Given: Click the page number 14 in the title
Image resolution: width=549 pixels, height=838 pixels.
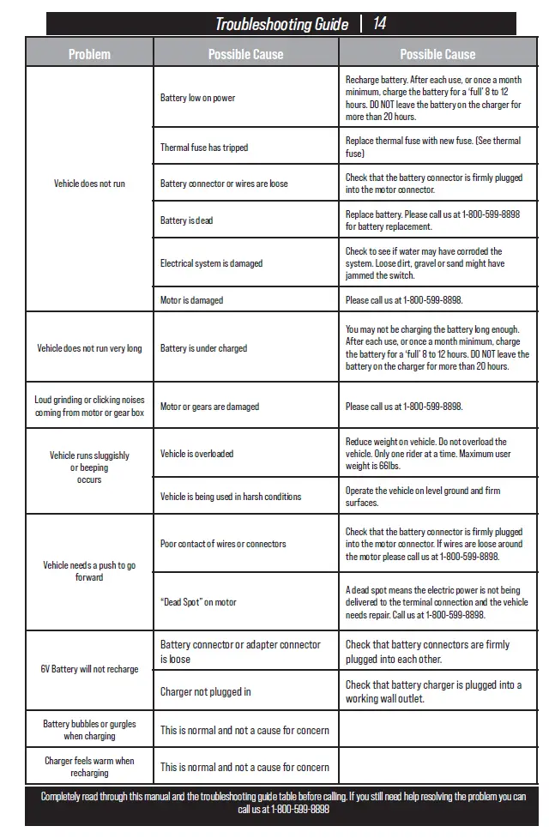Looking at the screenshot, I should pyautogui.click(x=379, y=24).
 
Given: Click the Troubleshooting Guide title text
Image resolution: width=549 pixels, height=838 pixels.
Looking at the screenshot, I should pyautogui.click(x=281, y=24).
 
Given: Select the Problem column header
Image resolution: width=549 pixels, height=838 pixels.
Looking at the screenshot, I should pyautogui.click(x=89, y=54).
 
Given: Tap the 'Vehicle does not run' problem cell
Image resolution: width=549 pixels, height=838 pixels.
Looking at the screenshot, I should pyautogui.click(x=89, y=184).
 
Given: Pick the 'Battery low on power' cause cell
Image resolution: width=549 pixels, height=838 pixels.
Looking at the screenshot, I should pyautogui.click(x=197, y=98).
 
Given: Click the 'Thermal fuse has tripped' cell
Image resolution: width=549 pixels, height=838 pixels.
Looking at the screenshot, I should pyautogui.click(x=204, y=148).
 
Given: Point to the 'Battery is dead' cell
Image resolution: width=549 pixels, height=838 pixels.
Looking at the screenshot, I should pyautogui.click(x=186, y=220).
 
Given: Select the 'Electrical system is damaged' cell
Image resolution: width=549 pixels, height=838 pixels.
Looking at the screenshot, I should pyautogui.click(x=211, y=263).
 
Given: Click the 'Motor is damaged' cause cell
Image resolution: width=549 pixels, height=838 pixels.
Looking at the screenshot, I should pyautogui.click(x=191, y=300).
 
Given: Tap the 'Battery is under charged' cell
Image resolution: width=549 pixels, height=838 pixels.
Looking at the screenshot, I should pyautogui.click(x=203, y=348).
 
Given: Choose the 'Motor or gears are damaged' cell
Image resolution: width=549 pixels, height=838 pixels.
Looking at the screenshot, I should pyautogui.click(x=209, y=407).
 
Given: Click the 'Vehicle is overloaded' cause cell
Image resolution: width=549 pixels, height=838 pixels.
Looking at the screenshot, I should pyautogui.click(x=196, y=454).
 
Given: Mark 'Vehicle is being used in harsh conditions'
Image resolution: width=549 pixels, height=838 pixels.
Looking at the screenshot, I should pyautogui.click(x=231, y=497).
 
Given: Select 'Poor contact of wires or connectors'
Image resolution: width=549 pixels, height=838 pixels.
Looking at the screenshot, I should pyautogui.click(x=223, y=544).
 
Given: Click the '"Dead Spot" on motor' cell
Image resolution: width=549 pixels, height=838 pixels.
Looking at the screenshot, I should pyautogui.click(x=198, y=602).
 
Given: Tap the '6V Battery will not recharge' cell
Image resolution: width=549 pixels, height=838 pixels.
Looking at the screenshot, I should pyautogui.click(x=89, y=669).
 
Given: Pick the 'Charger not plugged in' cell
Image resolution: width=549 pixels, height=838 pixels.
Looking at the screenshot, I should pyautogui.click(x=206, y=692).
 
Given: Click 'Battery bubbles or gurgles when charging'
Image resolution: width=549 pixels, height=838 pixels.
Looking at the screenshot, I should pyautogui.click(x=89, y=730).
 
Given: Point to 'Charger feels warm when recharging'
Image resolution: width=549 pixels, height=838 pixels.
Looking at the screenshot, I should pyautogui.click(x=89, y=767).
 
